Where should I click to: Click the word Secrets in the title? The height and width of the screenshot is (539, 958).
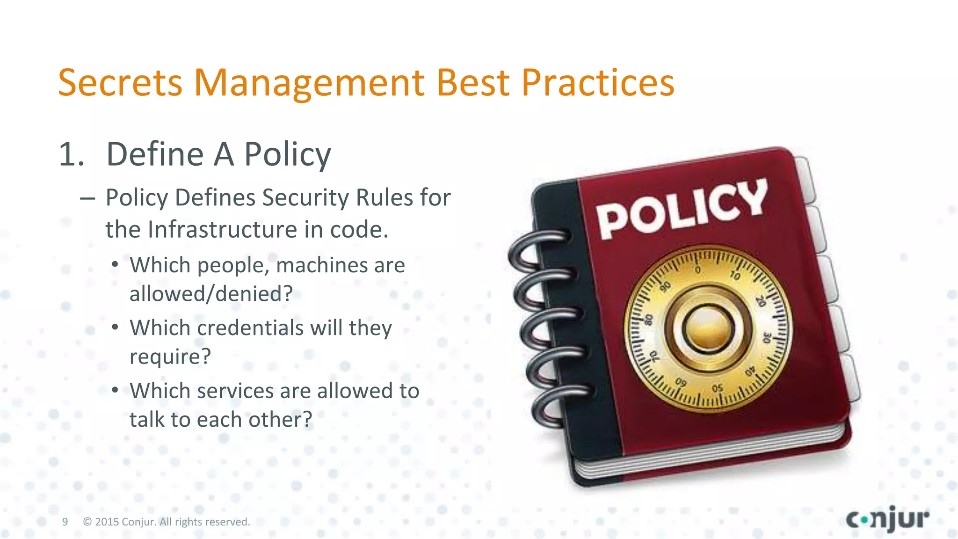point(120,83)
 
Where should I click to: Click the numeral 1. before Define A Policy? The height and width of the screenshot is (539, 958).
point(72,154)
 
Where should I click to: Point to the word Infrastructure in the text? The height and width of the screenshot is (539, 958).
point(222,230)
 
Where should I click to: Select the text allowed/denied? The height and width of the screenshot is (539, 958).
point(211,294)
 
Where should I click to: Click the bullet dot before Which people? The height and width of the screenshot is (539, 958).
point(115,265)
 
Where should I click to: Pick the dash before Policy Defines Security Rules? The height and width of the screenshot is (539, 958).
point(87,198)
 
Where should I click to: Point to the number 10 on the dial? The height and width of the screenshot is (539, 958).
point(735,276)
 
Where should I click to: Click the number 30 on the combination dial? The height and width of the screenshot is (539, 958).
point(766,337)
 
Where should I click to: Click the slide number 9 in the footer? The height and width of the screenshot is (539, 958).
point(65,522)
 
